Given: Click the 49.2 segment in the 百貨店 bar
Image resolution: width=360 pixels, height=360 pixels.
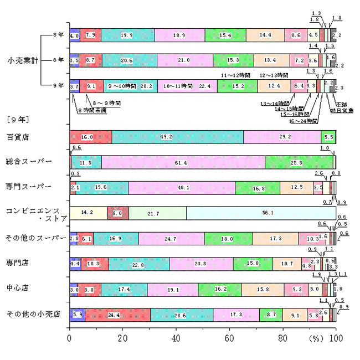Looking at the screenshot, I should [178, 137].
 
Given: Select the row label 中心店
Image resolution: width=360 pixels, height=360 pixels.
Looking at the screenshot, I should [18, 289].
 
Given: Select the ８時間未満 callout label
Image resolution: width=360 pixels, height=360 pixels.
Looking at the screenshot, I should [92, 110].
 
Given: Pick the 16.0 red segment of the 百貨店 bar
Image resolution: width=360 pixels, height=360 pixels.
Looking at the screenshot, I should [91, 137].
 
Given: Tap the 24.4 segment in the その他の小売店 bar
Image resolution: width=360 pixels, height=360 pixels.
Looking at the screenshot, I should [117, 315].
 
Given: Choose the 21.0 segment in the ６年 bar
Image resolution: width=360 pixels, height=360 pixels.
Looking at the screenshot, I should [185, 60].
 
